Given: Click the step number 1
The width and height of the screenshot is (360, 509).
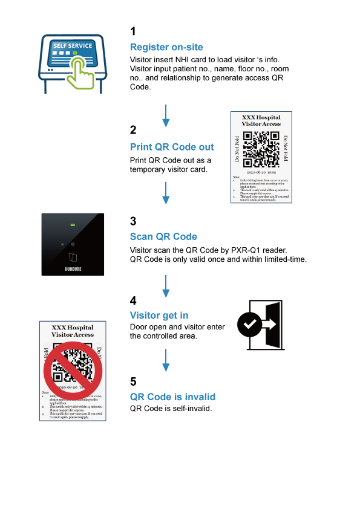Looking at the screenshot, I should click(x=133, y=31).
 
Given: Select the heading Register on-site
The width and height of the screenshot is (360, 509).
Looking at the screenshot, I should click(x=166, y=47).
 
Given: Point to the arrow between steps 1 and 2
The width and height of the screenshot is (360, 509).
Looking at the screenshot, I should click(x=166, y=114).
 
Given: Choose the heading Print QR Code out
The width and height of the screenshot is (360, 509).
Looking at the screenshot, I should click(x=172, y=147).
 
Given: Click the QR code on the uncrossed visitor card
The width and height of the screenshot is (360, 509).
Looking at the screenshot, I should click(x=261, y=149).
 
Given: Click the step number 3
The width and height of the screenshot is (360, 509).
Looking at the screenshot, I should click(x=133, y=221).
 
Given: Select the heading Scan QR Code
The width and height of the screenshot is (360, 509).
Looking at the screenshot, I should click(x=163, y=236).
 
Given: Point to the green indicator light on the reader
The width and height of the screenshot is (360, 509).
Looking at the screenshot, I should click(x=72, y=225).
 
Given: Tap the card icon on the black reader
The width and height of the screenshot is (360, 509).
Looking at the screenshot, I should click(x=72, y=256).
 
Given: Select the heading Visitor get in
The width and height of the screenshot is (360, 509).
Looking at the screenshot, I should click(x=159, y=315).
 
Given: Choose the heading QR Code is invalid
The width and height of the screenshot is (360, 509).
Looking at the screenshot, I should click(x=172, y=397).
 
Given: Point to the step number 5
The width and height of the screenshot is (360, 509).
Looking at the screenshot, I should click(x=133, y=381).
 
